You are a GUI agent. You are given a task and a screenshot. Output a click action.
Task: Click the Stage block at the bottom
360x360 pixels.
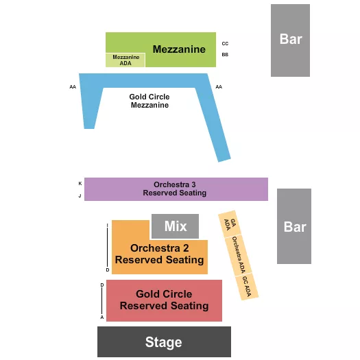(164, 341)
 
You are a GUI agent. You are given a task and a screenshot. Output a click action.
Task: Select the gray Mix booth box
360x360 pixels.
(175, 226)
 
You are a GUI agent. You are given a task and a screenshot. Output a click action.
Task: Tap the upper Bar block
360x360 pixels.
(290, 40)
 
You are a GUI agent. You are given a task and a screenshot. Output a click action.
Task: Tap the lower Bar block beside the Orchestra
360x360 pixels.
(294, 226)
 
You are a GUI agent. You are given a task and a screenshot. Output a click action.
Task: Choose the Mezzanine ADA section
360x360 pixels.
(125, 60)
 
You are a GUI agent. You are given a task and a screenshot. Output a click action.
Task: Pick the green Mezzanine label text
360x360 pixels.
(179, 49)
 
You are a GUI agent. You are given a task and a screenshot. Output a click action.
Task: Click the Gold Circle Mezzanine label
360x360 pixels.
(149, 101)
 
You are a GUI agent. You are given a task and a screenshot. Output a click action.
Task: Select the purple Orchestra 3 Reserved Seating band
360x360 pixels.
(175, 189)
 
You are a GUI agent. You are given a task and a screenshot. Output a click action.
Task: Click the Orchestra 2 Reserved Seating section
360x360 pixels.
(160, 254)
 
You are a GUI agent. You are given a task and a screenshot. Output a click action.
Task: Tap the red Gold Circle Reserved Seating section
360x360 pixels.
(164, 300)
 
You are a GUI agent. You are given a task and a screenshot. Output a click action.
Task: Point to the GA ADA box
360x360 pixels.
(228, 224)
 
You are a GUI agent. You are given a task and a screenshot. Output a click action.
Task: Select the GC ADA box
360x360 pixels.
(247, 287)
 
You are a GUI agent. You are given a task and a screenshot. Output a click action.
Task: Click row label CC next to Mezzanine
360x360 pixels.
(225, 43)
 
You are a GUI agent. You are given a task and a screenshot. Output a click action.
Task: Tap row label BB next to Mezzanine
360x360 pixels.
(225, 54)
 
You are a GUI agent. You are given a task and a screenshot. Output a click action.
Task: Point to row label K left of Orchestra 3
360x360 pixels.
(80, 183)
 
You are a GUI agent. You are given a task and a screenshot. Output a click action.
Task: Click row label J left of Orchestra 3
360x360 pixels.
(80, 195)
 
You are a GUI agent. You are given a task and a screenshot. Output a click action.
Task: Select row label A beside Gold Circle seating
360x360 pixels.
(102, 317)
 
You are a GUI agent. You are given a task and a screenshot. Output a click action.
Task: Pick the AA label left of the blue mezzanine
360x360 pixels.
(73, 87)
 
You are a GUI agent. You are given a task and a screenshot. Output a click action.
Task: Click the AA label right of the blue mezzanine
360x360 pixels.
(219, 87)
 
